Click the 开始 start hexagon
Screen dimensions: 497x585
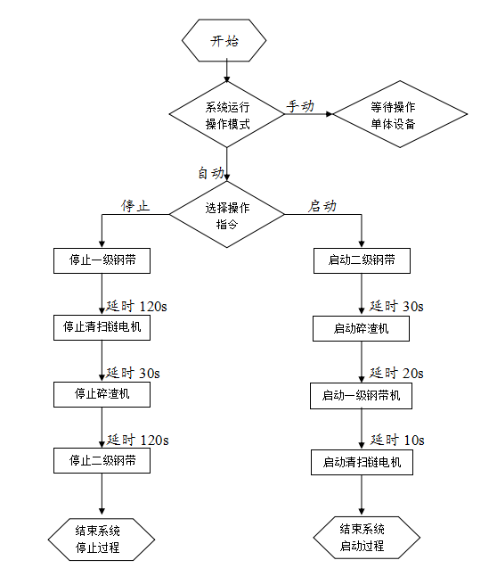224,40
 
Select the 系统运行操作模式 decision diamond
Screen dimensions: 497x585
227,114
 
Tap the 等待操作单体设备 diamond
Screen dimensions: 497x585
400,114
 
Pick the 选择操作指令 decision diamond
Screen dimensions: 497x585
227,215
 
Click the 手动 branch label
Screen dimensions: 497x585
300,106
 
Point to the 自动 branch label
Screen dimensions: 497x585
211,173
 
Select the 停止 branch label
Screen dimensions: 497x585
134,206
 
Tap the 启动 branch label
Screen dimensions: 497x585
322,206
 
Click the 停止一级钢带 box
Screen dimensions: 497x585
102,260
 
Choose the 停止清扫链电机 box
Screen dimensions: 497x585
102,327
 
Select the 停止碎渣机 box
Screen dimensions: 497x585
102,394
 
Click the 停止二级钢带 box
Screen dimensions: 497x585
102,461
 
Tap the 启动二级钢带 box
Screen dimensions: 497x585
362,260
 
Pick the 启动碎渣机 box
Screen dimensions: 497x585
361,329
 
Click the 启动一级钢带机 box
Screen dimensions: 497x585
361,396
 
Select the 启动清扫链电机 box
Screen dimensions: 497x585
362,463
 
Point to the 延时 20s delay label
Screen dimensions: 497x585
396,373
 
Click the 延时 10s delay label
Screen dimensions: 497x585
397,440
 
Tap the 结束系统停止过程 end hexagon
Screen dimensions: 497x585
102,540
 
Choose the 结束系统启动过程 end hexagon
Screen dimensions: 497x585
367,538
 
